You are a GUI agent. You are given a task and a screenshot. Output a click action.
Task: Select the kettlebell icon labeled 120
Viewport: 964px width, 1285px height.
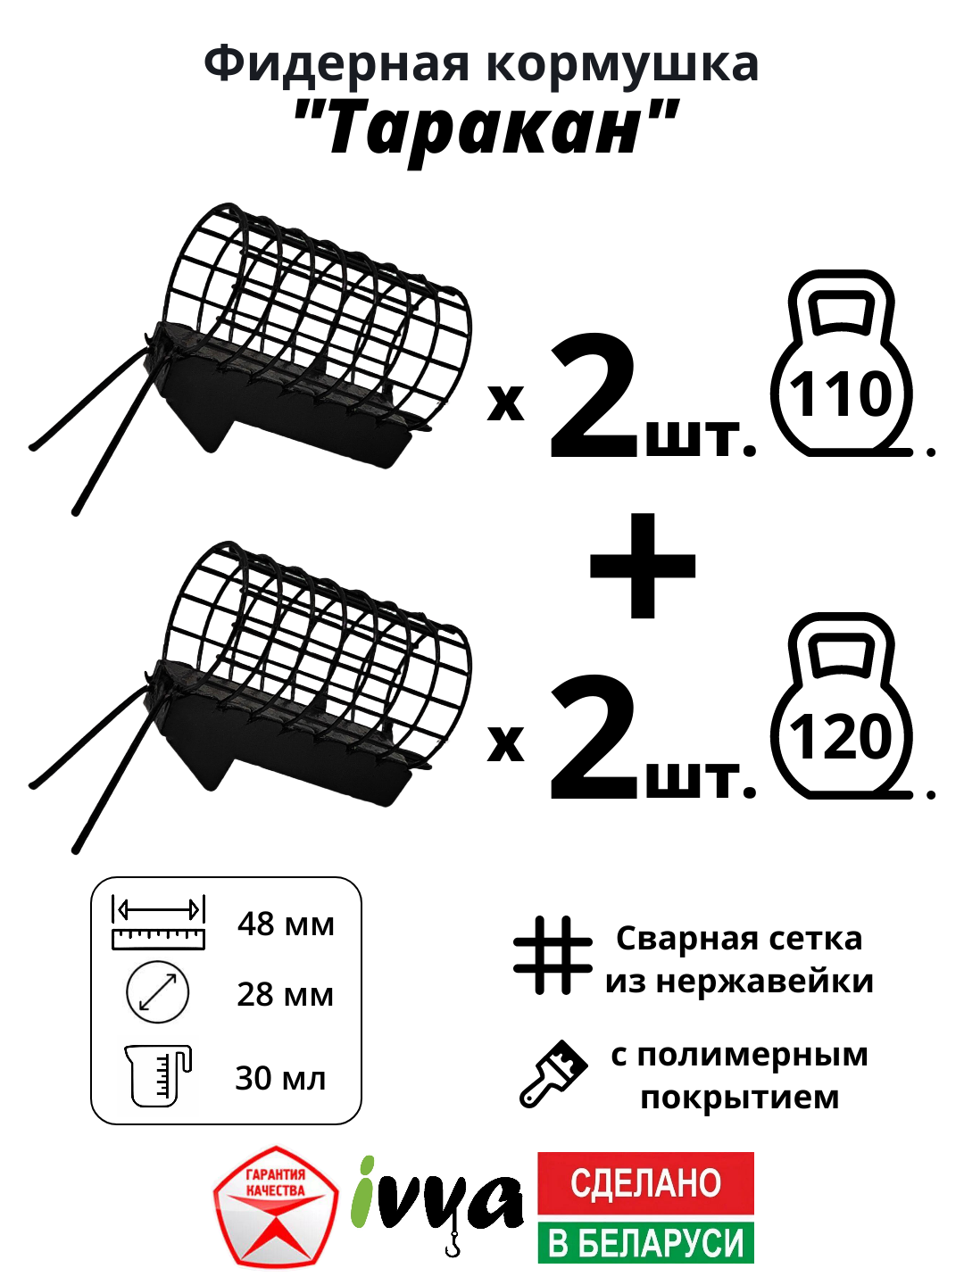click(841, 709)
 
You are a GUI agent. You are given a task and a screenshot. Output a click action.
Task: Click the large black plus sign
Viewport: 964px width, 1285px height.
click(643, 566)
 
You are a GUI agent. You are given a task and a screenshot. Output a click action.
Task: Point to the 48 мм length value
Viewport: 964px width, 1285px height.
click(286, 924)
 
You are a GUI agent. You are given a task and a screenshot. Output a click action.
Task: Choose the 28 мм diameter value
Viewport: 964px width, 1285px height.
click(285, 994)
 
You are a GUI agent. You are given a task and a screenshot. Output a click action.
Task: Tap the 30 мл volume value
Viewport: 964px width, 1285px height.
click(280, 1078)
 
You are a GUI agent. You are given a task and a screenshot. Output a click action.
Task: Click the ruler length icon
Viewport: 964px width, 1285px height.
click(158, 923)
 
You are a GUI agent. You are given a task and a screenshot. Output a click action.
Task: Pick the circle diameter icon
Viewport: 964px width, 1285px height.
click(158, 992)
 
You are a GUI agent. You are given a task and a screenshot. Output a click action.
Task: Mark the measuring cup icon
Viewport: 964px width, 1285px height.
click(157, 1075)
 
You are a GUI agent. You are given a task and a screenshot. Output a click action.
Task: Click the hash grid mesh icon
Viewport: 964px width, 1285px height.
click(553, 955)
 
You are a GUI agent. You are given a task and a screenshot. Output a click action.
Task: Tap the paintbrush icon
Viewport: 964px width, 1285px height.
click(553, 1074)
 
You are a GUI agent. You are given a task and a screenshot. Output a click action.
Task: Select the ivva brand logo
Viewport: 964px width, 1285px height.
click(437, 1200)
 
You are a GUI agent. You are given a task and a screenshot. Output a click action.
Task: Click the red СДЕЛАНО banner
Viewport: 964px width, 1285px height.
click(645, 1182)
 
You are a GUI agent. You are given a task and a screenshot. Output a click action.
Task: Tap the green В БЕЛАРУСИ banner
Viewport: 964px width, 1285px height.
click(645, 1242)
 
